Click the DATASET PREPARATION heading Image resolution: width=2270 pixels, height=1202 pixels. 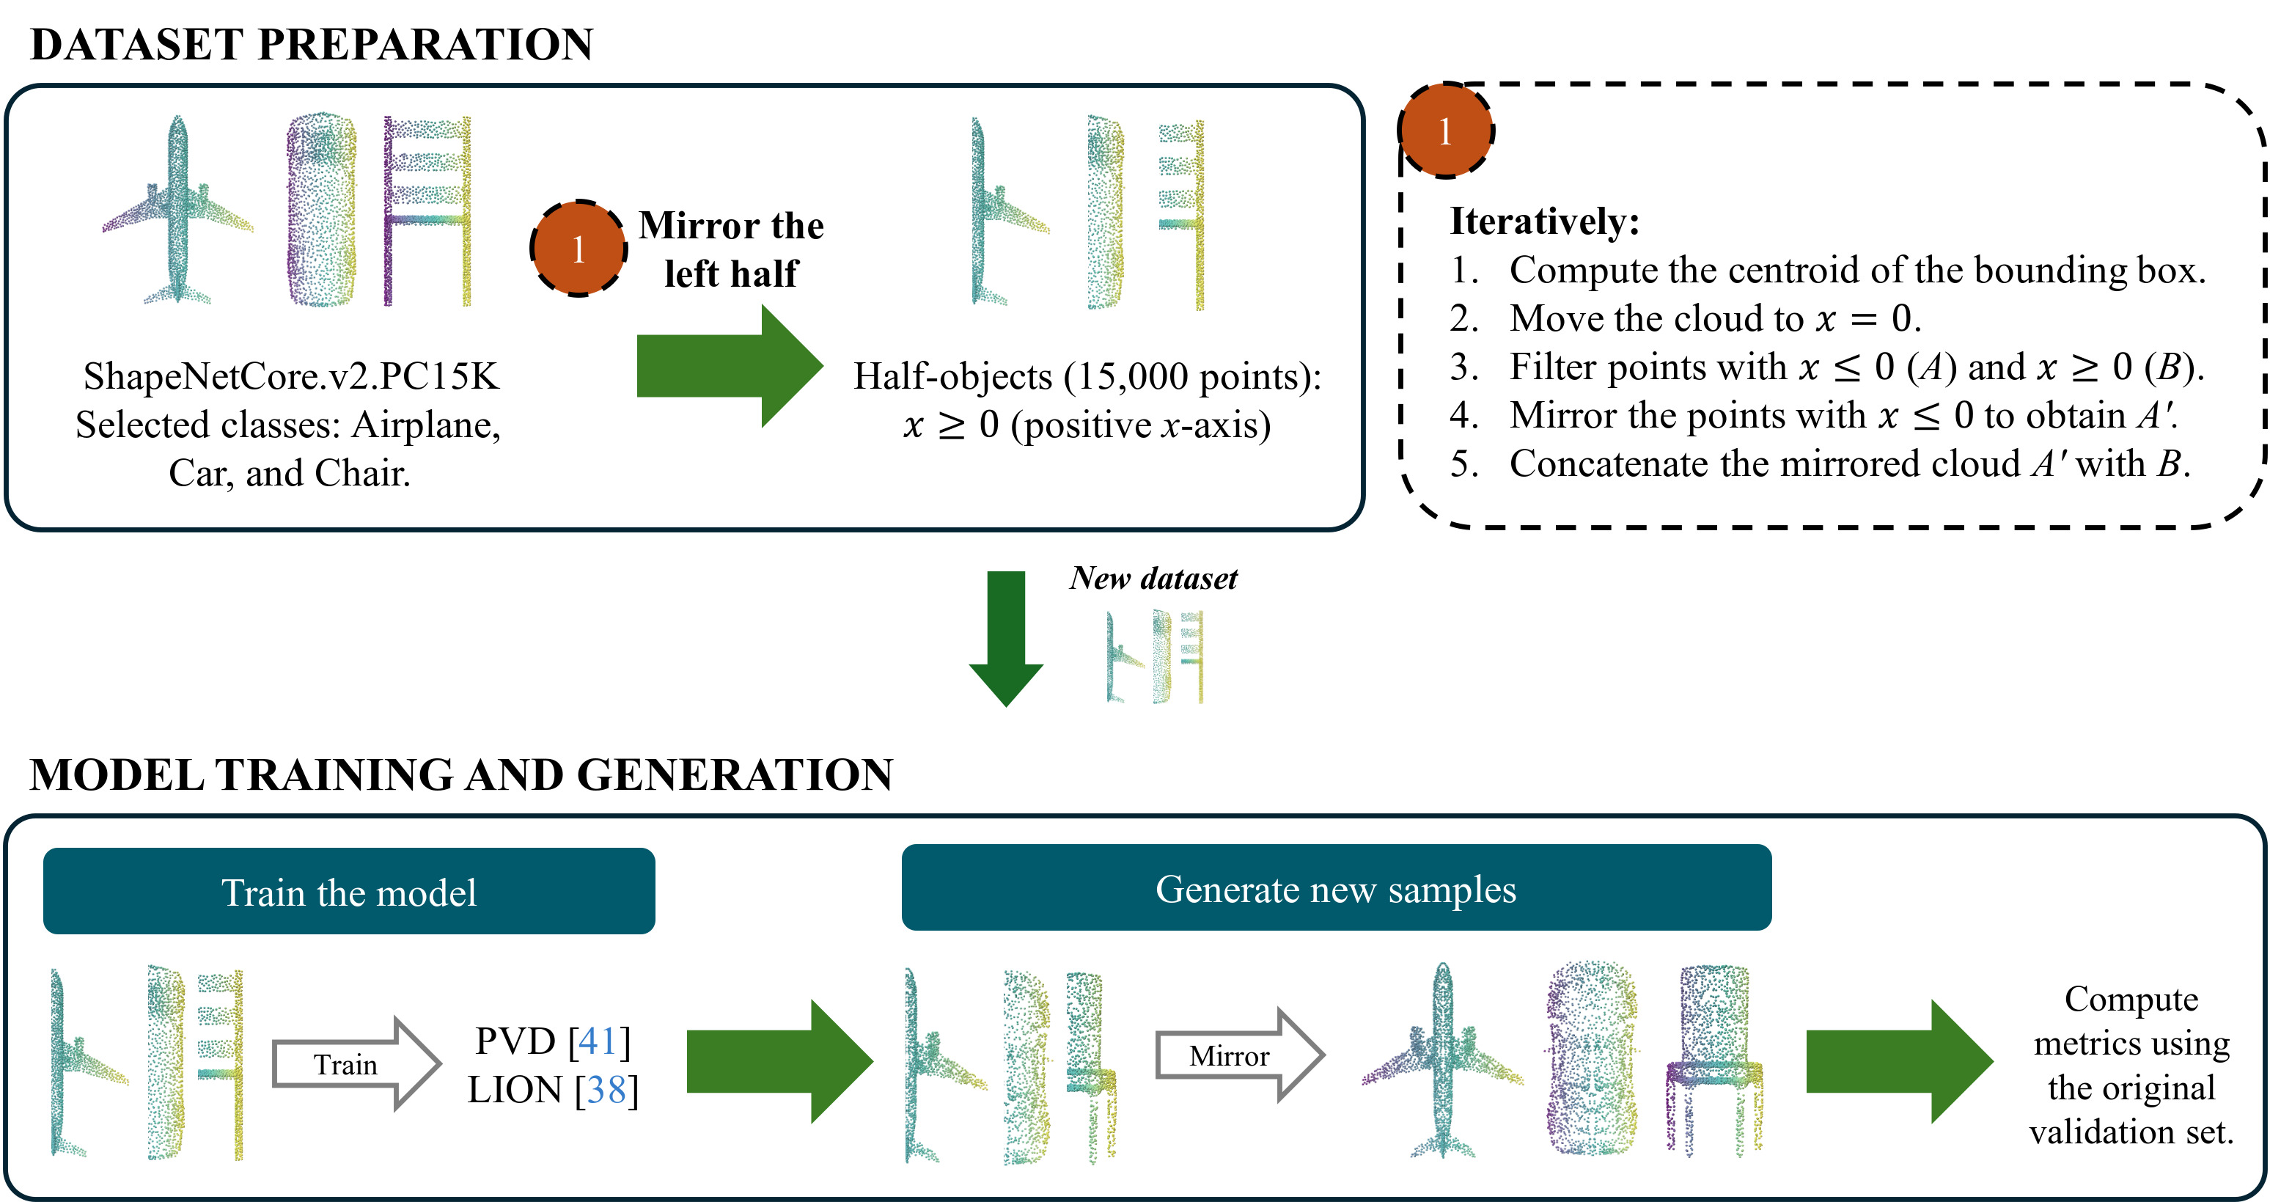tap(312, 44)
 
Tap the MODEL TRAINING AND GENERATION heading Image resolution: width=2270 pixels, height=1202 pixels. tap(461, 774)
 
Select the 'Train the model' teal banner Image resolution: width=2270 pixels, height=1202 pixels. tap(349, 892)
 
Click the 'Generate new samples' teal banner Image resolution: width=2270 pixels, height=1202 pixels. tap(1336, 888)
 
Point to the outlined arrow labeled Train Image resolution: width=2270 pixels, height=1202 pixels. tap(355, 1063)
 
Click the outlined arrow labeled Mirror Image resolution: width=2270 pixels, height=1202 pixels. tap(1238, 1055)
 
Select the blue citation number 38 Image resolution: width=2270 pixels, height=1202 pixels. tap(606, 1090)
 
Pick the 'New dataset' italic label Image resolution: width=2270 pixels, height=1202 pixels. tap(1153, 578)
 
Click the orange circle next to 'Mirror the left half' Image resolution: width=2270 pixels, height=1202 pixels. tap(578, 249)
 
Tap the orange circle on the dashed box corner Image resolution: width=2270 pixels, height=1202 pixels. tap(1445, 131)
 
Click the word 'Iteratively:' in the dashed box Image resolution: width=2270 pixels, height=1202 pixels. tap(1544, 221)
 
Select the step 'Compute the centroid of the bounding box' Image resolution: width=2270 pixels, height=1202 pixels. tap(1856, 271)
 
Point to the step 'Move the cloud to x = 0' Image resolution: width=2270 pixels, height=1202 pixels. tap(1714, 318)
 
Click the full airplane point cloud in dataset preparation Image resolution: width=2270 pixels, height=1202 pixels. tap(178, 211)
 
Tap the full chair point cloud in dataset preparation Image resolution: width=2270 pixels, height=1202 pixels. tap(427, 211)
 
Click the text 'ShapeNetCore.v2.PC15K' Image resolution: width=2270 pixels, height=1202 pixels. tap(291, 376)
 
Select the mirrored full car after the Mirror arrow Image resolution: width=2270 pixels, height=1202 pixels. tap(1592, 1058)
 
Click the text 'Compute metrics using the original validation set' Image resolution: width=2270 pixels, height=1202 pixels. tap(2131, 1065)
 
